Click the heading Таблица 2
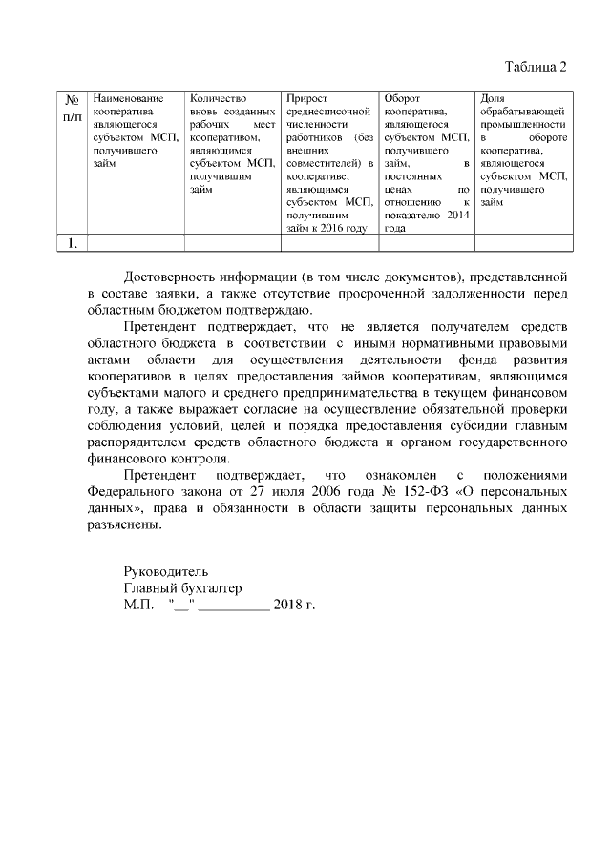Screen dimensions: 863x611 click(536, 67)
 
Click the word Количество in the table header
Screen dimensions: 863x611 click(219, 99)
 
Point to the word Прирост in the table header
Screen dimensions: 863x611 click(307, 99)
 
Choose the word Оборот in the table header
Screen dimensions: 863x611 click(402, 99)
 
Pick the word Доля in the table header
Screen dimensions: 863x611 click(494, 99)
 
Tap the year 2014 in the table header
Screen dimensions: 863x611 click(457, 216)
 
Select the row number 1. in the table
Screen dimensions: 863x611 click(72, 244)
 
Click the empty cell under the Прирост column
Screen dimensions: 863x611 click(329, 244)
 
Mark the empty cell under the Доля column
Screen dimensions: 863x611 click(523, 244)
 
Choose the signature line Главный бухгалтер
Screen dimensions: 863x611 click(182, 588)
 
